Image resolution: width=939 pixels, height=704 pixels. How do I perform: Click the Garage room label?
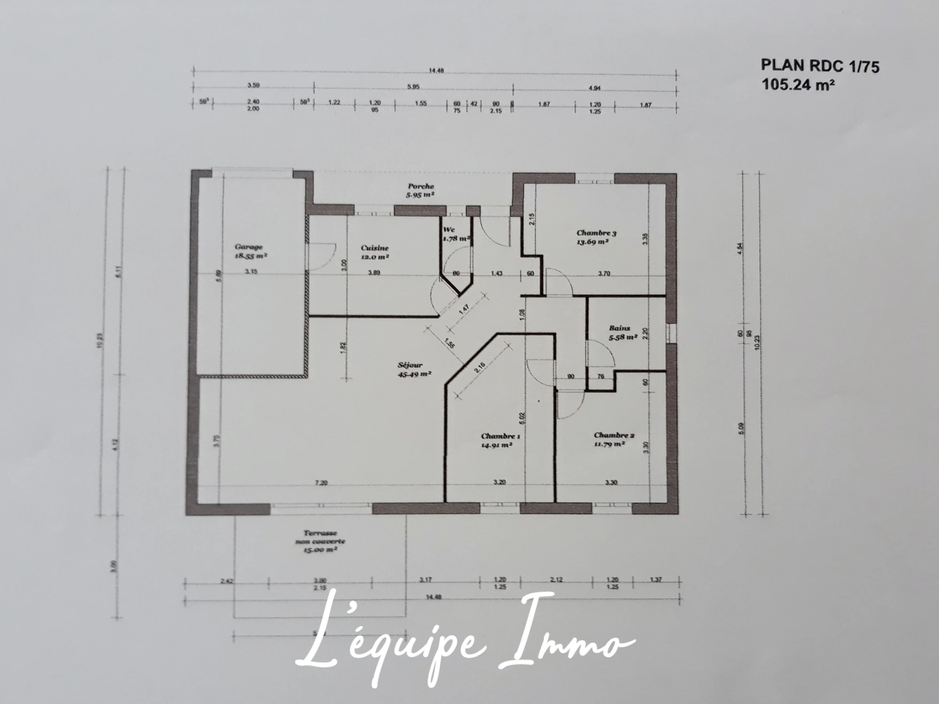(249, 247)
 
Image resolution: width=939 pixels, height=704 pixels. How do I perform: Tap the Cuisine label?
(375, 248)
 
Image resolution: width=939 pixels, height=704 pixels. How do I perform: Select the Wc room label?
(449, 230)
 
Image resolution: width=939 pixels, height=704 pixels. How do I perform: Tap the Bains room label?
(620, 329)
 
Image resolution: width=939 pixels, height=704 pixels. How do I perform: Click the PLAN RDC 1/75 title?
(820, 66)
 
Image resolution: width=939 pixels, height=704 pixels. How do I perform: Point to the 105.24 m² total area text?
(798, 83)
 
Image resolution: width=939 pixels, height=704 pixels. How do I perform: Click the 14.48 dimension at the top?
(436, 71)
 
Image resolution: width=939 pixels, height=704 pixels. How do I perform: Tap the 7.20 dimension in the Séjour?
(320, 483)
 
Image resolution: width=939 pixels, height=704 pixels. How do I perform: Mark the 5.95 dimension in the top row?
(413, 86)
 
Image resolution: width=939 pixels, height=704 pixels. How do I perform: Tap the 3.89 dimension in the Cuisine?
(374, 274)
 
